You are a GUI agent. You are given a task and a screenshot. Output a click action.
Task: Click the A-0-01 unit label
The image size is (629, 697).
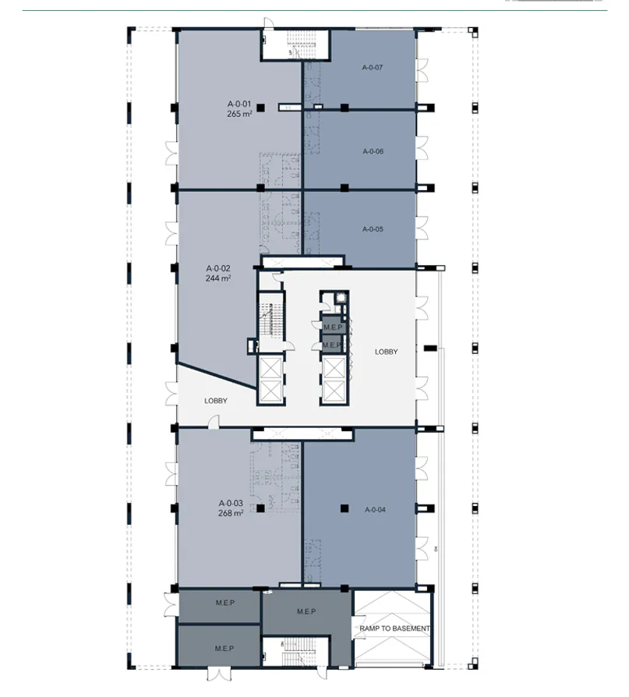(239, 104)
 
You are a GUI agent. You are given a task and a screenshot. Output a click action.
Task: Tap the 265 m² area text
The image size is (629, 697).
(239, 114)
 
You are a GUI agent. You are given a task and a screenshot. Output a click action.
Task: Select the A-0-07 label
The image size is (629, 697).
(372, 68)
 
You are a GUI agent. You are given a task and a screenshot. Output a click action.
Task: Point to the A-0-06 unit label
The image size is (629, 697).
(373, 151)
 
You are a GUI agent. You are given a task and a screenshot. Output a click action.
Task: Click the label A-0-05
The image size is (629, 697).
(373, 229)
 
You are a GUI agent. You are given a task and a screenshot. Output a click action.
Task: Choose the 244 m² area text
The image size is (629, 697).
(218, 278)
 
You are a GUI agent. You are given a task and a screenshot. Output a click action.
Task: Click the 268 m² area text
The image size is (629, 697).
(231, 513)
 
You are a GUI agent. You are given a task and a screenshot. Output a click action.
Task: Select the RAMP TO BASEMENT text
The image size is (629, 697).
(394, 628)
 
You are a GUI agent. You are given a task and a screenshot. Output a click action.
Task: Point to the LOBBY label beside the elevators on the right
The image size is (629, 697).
(386, 352)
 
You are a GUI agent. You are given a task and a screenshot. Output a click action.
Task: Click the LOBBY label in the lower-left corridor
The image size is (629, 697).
(216, 401)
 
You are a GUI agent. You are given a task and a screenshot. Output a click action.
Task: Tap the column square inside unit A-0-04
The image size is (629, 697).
(343, 509)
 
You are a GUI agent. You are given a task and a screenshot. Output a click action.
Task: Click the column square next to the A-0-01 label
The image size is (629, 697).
(261, 108)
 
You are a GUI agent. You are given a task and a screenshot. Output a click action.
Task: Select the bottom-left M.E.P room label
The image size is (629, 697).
(224, 648)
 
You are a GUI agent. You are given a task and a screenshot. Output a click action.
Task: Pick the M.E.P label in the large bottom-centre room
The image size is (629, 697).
(306, 611)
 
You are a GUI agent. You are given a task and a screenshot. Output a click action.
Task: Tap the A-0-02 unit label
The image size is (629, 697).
(218, 267)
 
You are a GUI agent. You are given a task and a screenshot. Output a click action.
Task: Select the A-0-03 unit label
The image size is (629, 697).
(231, 503)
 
